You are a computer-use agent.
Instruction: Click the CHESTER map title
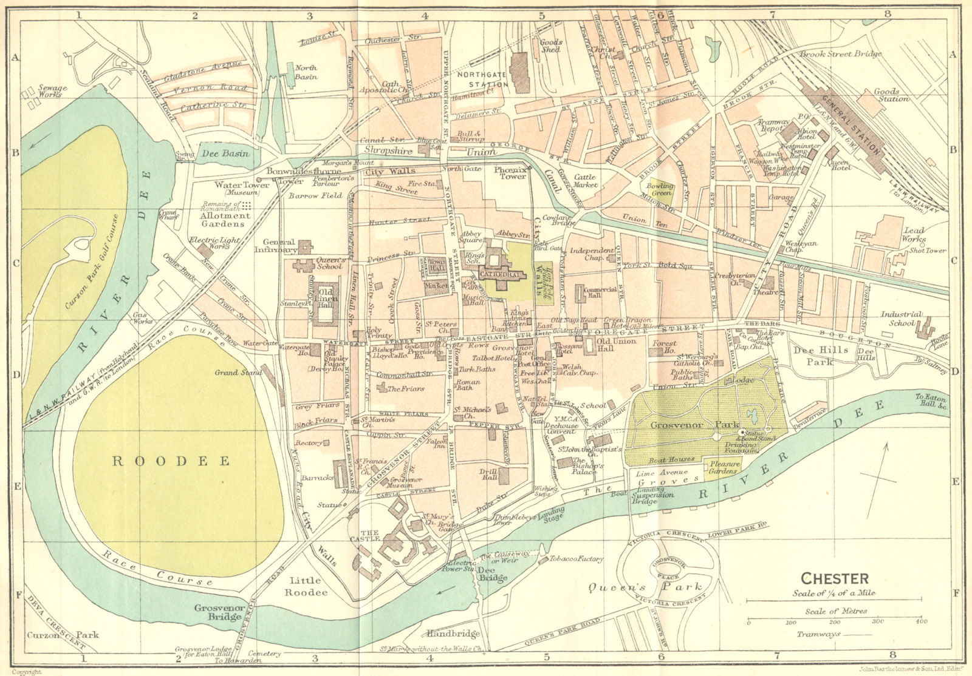pyautogui.click(x=835, y=578)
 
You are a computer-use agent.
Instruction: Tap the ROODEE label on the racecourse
pyautogui.click(x=172, y=461)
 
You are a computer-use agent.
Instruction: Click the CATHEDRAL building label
pyautogui.click(x=502, y=274)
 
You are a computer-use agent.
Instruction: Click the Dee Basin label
pyautogui.click(x=225, y=154)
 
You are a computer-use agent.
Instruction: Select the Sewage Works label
pyautogui.click(x=53, y=91)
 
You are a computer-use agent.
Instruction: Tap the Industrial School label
pyautogui.click(x=902, y=319)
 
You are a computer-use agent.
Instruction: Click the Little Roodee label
pyautogui.click(x=307, y=586)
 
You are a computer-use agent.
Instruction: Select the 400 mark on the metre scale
pyautogui.click(x=923, y=622)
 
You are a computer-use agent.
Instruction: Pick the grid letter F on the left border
pyautogui.click(x=14, y=593)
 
